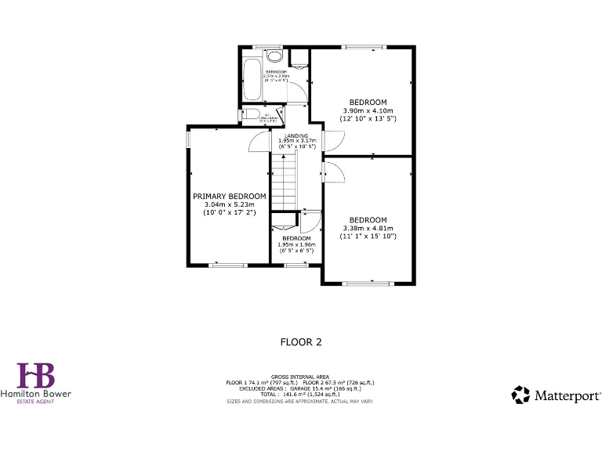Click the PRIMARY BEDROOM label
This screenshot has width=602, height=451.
pos(230,197)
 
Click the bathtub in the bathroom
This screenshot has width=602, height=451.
pos(252,79)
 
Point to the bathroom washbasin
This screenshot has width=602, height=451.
pos(274,56)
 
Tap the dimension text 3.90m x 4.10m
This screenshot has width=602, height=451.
pos(368,110)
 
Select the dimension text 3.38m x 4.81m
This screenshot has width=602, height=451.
pos(368,228)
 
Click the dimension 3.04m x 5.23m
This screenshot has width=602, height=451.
pos(230,205)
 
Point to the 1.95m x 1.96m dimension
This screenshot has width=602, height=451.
pos(297,244)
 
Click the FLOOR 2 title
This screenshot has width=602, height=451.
pos(301,342)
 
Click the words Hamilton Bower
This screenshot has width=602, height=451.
pos(36,395)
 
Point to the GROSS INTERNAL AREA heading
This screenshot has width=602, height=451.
pos(300,377)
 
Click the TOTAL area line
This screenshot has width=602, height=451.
pos(300,395)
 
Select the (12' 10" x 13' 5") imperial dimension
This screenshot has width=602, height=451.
pos(368,119)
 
